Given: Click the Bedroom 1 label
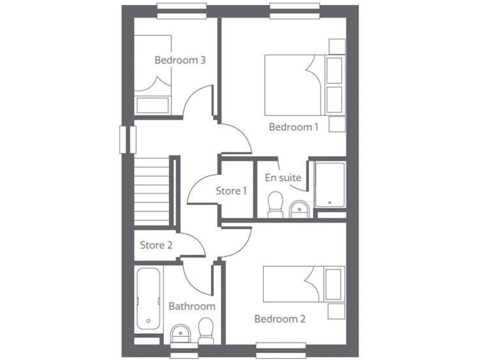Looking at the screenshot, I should (x=294, y=127).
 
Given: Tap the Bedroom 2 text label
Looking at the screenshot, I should (x=279, y=319).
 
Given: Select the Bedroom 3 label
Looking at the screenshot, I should (x=181, y=60).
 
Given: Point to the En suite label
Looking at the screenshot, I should (x=283, y=177).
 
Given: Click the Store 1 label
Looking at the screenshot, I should (x=231, y=191).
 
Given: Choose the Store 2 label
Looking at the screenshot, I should (x=156, y=245).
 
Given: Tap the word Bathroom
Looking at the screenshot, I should (x=192, y=306).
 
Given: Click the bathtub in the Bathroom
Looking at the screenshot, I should (x=149, y=299).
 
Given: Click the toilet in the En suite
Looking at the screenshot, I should (x=274, y=205).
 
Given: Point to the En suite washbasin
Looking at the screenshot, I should (x=299, y=209).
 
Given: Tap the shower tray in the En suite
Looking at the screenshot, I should (x=330, y=186).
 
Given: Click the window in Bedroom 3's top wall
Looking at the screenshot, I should (x=181, y=7).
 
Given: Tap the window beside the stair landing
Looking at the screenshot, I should (x=127, y=139).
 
